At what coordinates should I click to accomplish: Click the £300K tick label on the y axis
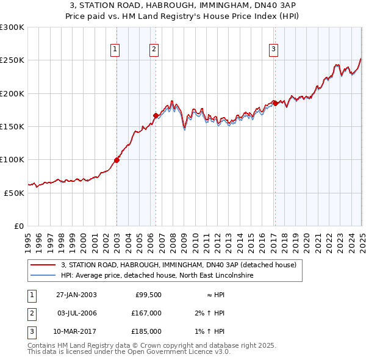12,27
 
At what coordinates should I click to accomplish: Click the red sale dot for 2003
117,160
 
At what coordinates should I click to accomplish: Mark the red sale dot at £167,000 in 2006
156,115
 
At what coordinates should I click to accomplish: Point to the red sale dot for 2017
275,104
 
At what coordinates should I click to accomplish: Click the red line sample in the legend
43,265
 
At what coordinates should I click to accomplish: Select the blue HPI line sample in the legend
43,275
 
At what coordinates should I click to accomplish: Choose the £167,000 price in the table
146,313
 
